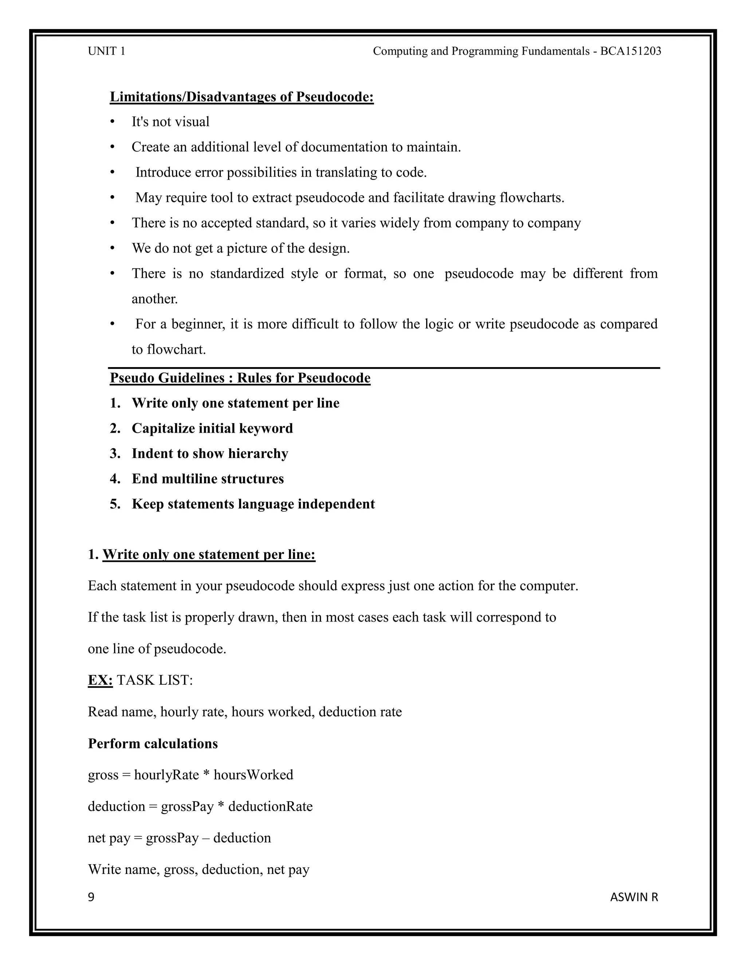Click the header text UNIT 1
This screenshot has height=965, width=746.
coord(106,51)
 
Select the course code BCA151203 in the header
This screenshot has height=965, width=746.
coord(631,51)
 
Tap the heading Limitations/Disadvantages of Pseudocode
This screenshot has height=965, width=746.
coord(242,97)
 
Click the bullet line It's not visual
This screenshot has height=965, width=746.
coord(170,122)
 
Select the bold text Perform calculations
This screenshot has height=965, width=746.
coord(153,743)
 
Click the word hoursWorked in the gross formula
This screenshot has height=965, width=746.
coord(253,775)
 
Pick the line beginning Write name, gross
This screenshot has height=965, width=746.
coord(199,869)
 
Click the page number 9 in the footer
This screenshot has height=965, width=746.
coord(91,897)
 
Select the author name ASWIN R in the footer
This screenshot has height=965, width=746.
coord(634,897)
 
